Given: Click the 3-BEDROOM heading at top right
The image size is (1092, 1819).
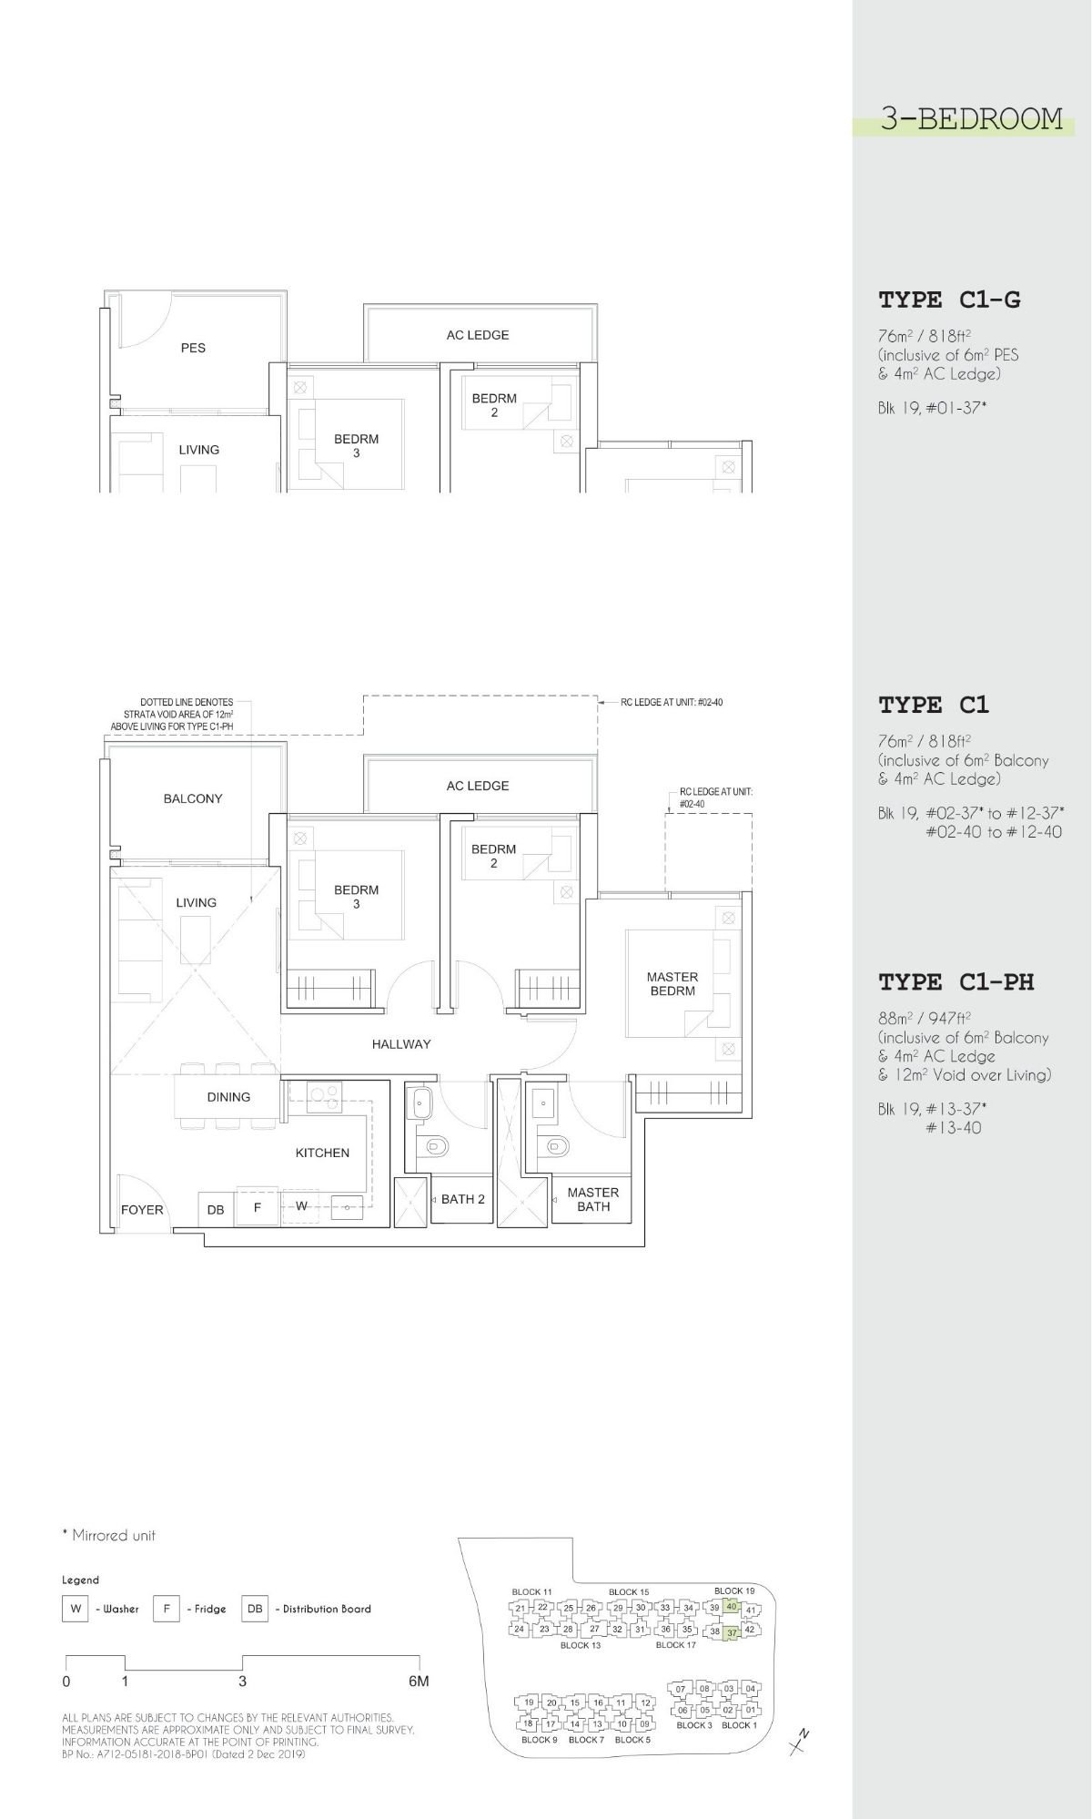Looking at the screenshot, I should click(x=971, y=118).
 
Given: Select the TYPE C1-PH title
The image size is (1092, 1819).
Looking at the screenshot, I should click(x=955, y=981).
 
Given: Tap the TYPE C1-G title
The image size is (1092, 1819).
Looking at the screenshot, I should click(x=949, y=300).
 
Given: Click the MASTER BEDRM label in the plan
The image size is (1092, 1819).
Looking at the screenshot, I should click(x=672, y=983).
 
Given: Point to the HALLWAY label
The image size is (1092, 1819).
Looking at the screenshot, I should click(x=401, y=1044).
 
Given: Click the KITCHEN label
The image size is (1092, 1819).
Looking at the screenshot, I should click(x=322, y=1153).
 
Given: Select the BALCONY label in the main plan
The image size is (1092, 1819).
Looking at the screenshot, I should click(x=193, y=798).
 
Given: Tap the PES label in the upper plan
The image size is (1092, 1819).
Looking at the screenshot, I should click(x=193, y=348).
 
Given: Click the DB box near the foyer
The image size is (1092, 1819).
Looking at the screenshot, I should click(x=216, y=1209).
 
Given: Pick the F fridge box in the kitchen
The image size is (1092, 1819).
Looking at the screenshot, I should click(x=258, y=1208).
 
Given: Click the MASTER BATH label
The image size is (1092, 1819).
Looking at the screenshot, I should click(x=593, y=1199).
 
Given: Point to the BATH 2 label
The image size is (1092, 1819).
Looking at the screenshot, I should click(x=462, y=1199).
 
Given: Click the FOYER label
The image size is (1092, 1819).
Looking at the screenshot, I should click(x=143, y=1210).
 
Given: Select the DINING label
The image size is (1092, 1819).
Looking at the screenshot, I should click(x=228, y=1097).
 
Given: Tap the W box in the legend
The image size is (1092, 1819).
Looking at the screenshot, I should click(x=76, y=1609).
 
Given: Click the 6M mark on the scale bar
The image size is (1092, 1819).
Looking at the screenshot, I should click(x=419, y=1682).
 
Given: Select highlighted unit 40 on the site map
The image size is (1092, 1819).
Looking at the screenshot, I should click(x=731, y=1606).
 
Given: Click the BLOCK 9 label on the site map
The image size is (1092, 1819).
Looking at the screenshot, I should click(x=539, y=1740).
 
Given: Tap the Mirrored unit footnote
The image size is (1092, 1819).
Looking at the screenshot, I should click(x=108, y=1535).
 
